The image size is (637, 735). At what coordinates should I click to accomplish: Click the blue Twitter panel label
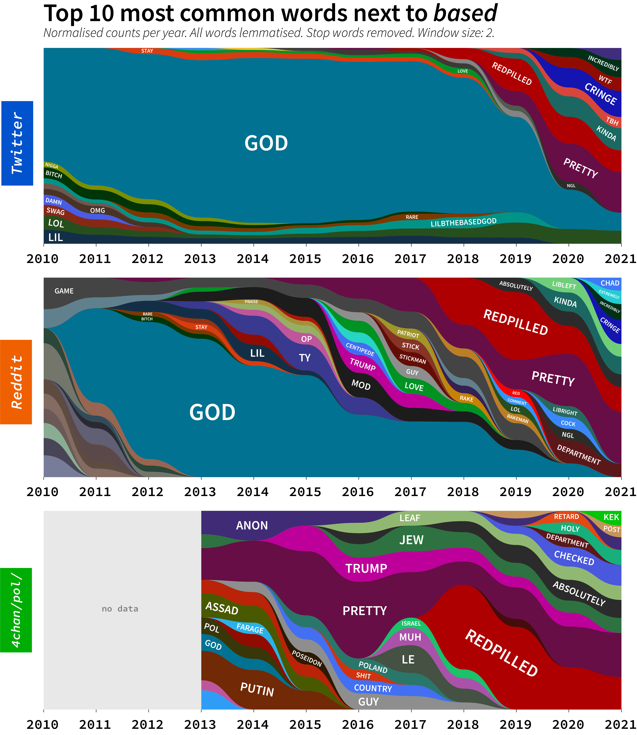17,143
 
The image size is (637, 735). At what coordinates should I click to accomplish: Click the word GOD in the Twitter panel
266,143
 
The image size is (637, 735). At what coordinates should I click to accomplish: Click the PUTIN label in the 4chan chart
257,690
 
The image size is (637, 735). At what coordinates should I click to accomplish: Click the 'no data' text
120,609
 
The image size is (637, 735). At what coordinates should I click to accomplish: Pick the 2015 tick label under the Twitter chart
305,259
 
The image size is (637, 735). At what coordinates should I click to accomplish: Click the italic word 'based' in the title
465,14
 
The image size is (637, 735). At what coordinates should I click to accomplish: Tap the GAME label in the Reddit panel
64,291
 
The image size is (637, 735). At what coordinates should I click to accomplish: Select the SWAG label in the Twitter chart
55,211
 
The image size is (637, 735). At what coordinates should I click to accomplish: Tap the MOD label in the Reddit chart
361,385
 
